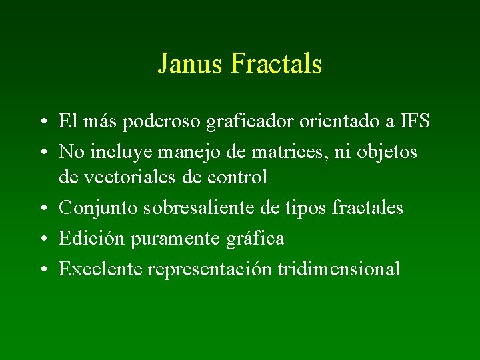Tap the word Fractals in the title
[x=276, y=64]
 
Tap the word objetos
[x=385, y=153]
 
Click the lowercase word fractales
[x=368, y=207]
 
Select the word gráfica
[x=257, y=239]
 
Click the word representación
[x=210, y=269]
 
